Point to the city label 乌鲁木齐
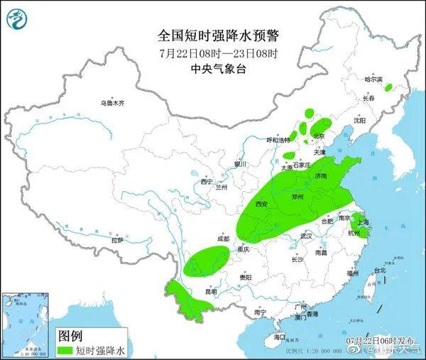[x=111, y=104]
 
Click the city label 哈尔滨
[x=373, y=80]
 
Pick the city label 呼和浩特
[x=278, y=141]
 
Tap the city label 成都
[x=224, y=239]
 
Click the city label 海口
[x=279, y=336]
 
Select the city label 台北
[x=380, y=271]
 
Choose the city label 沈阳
[x=360, y=121]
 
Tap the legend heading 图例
[x=69, y=334]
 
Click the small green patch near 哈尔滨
[x=388, y=87]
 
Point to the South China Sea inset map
[x=27, y=323]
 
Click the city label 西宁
[x=207, y=182]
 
